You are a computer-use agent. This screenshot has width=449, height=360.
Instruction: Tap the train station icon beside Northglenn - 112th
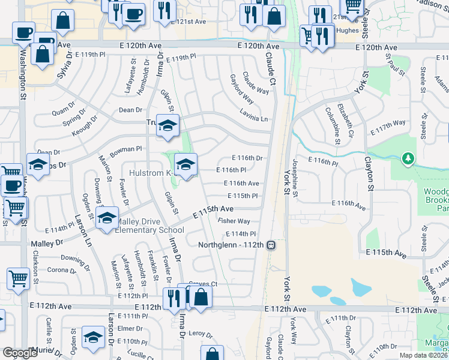pos(271,245)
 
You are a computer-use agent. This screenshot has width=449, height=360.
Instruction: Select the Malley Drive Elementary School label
pos(149,226)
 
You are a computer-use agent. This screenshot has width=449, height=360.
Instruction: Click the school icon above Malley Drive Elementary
pos(107,218)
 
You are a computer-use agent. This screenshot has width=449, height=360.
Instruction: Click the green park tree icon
pos(408,158)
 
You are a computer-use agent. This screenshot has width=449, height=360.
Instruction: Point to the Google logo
pos(19,353)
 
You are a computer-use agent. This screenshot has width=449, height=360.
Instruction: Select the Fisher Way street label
pos(234,221)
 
